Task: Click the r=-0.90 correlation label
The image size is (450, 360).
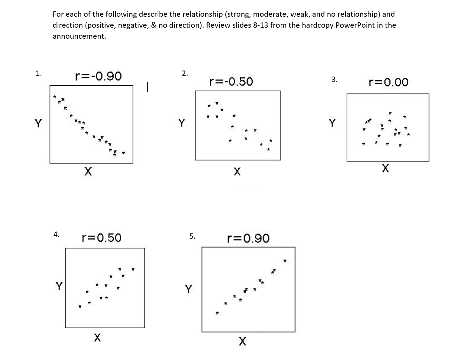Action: click(98, 76)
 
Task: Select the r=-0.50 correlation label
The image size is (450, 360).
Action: click(231, 81)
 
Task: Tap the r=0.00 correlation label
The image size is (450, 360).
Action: click(388, 82)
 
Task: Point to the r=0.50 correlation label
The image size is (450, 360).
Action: click(102, 238)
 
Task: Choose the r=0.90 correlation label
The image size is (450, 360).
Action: click(248, 238)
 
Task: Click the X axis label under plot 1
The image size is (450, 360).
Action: click(88, 172)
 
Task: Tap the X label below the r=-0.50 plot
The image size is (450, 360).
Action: click(237, 172)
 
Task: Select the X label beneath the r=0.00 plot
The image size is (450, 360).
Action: click(385, 168)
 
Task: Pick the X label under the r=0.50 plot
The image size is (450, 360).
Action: click(97, 337)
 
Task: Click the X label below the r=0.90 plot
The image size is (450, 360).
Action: click(242, 341)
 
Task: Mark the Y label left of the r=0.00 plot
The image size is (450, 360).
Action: click(332, 123)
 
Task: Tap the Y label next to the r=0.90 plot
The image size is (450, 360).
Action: click(188, 290)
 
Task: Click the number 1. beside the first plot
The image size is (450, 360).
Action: click(39, 74)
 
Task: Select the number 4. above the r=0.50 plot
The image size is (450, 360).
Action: click(56, 234)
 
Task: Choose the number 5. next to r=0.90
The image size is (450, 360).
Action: click(192, 236)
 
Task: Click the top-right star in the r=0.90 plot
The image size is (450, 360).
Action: click(285, 261)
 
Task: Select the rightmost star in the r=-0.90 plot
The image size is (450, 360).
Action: click(123, 153)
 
